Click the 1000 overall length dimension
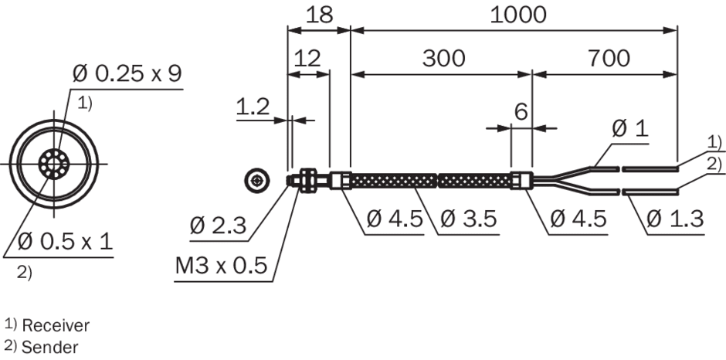[x=518, y=15]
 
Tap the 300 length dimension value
[x=443, y=59]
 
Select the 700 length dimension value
[x=609, y=59]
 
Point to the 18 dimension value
[x=320, y=15]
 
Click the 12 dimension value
[x=307, y=59]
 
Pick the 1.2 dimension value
[x=253, y=107]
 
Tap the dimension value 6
[x=521, y=112]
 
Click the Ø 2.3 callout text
[x=218, y=226]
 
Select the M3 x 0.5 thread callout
[x=222, y=266]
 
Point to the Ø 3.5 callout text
[x=469, y=218]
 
